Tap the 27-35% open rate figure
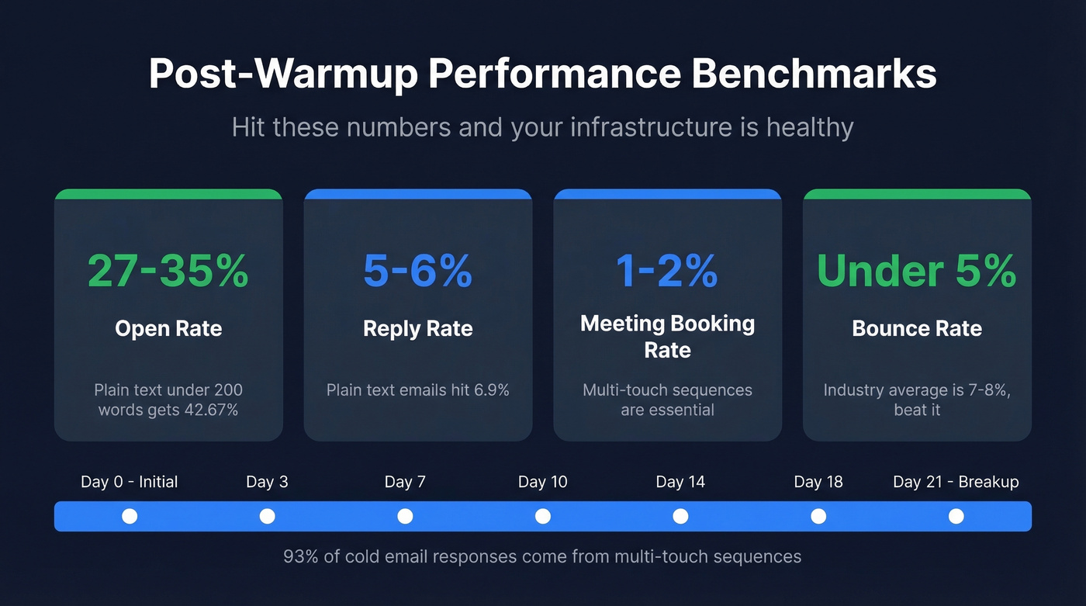click(168, 270)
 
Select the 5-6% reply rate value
click(417, 270)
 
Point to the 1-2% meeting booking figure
click(667, 270)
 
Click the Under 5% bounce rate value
click(917, 270)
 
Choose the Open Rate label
click(168, 328)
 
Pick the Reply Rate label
click(417, 328)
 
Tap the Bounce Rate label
click(917, 328)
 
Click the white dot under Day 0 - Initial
click(130, 516)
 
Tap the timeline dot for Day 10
click(543, 516)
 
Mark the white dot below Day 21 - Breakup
click(956, 516)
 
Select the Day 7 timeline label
click(405, 482)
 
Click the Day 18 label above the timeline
click(818, 482)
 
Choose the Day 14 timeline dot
click(680, 516)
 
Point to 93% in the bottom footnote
click(299, 556)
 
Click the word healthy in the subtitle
click(810, 126)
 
